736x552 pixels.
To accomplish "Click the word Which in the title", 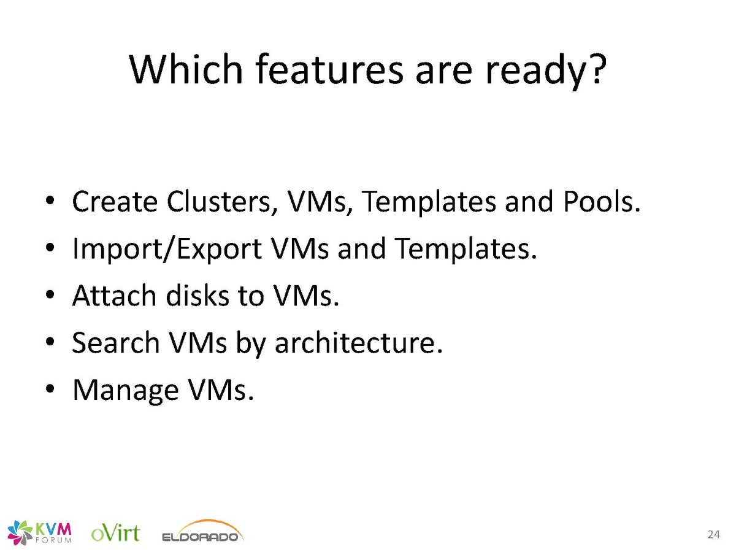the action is tap(186, 69).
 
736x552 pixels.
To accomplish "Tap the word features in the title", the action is tap(329, 69).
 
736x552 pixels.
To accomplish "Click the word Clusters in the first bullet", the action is tap(223, 202).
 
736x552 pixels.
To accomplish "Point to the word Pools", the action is tap(602, 201).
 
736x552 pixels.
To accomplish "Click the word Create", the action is tap(115, 202).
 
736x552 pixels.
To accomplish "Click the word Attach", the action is tap(114, 296).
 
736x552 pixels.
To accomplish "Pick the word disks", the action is tap(198, 296).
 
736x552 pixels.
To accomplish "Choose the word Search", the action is tap(116, 342).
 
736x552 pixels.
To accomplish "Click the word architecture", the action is tap(359, 342).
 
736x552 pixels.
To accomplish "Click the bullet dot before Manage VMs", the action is tap(50, 389).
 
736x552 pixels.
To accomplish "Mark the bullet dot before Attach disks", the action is tap(50, 295).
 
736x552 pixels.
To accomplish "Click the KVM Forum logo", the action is tap(40, 532).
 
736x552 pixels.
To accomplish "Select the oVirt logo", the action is tap(115, 533).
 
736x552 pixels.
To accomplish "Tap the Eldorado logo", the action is tap(203, 531).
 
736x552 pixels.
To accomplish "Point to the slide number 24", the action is tap(713, 534).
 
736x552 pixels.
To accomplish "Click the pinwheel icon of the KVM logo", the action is tap(20, 532).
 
